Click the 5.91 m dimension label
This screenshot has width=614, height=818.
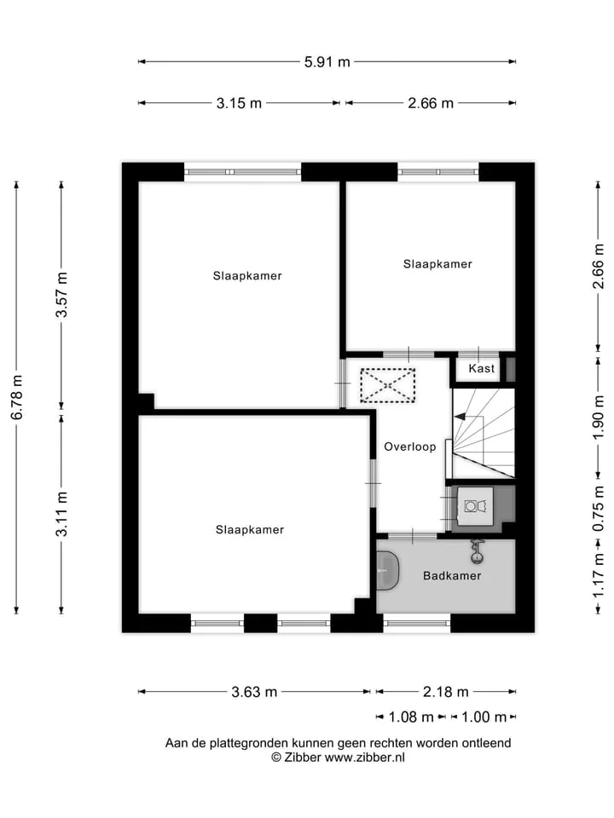pos(327,62)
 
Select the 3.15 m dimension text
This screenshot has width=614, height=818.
pos(239,103)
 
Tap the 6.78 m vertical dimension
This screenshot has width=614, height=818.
pos(17,398)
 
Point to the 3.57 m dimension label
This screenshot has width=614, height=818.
pos(62,295)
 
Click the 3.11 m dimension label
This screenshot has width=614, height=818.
pos(62,514)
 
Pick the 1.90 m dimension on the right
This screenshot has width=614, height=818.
pos(599,418)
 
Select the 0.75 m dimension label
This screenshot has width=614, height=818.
pos(599,509)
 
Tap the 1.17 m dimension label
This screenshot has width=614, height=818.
pos(599,575)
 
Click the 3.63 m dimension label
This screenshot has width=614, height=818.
pos(254,692)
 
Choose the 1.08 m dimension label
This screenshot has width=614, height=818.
pos(411,717)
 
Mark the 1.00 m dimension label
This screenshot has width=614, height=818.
pos(484,717)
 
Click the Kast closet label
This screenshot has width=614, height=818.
pos(481,369)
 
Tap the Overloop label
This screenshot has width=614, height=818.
pos(410,447)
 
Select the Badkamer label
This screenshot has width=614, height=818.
pos(452,576)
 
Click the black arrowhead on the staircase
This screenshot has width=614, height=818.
pos(460,417)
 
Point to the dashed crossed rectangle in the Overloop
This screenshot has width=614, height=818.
pos(387,385)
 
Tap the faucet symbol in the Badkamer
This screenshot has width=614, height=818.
pos(477,552)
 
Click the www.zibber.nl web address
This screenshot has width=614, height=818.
pos(364,758)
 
